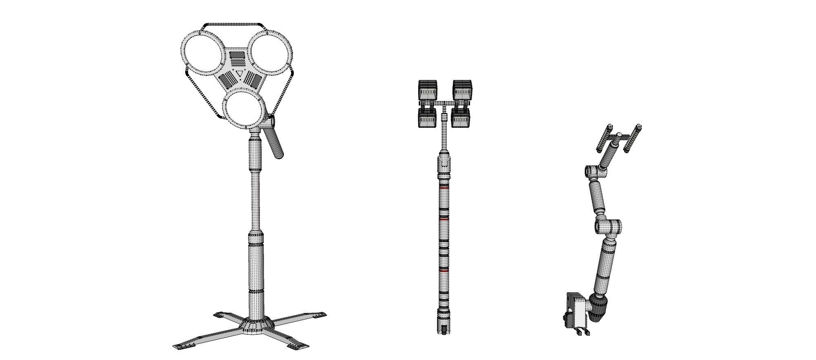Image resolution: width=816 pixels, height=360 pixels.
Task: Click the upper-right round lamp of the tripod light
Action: [271, 53]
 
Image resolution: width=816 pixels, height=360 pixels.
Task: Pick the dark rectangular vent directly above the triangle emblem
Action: [236, 55]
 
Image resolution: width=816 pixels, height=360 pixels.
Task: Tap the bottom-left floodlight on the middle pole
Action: [427, 119]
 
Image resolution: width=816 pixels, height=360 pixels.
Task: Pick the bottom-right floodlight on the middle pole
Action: [461, 119]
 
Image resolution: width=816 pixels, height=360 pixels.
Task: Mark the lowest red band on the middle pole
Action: [444, 271]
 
